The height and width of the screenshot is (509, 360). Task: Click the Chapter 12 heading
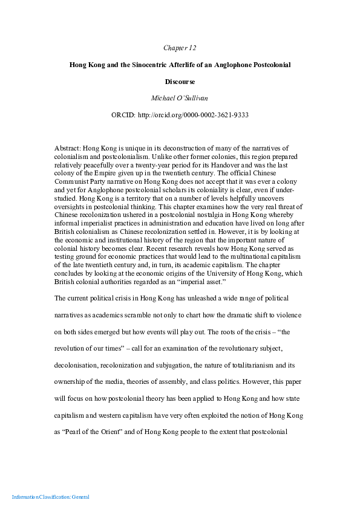(180, 48)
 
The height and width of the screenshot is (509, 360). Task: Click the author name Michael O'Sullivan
(180, 97)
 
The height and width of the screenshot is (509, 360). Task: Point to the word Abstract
(67, 148)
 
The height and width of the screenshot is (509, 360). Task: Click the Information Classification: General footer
(51, 497)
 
